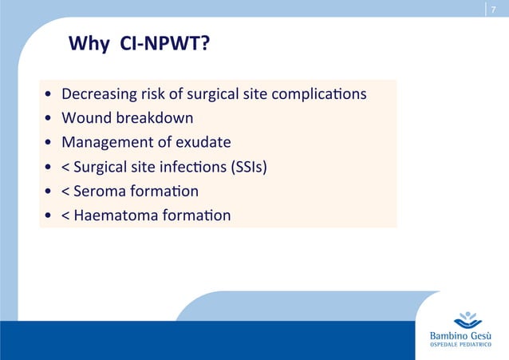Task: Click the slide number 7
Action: [493, 9]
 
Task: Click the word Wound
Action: [86, 118]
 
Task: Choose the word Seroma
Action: [102, 191]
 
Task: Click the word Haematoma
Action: [113, 215]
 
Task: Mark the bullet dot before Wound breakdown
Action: [49, 119]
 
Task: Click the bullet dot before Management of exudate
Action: [49, 143]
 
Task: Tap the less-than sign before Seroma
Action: [66, 192]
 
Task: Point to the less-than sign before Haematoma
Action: [66, 216]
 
